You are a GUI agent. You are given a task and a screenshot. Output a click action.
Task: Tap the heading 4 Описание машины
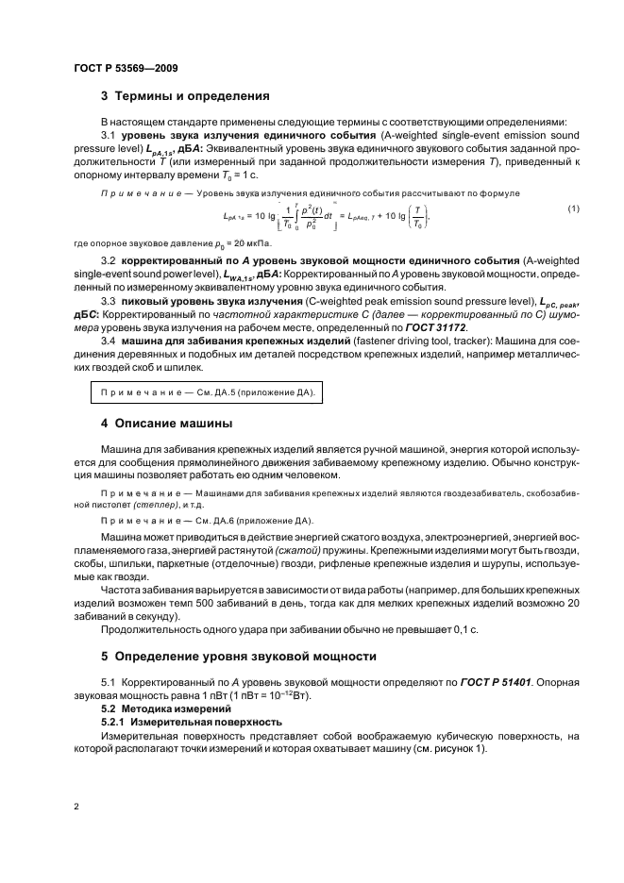166,422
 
